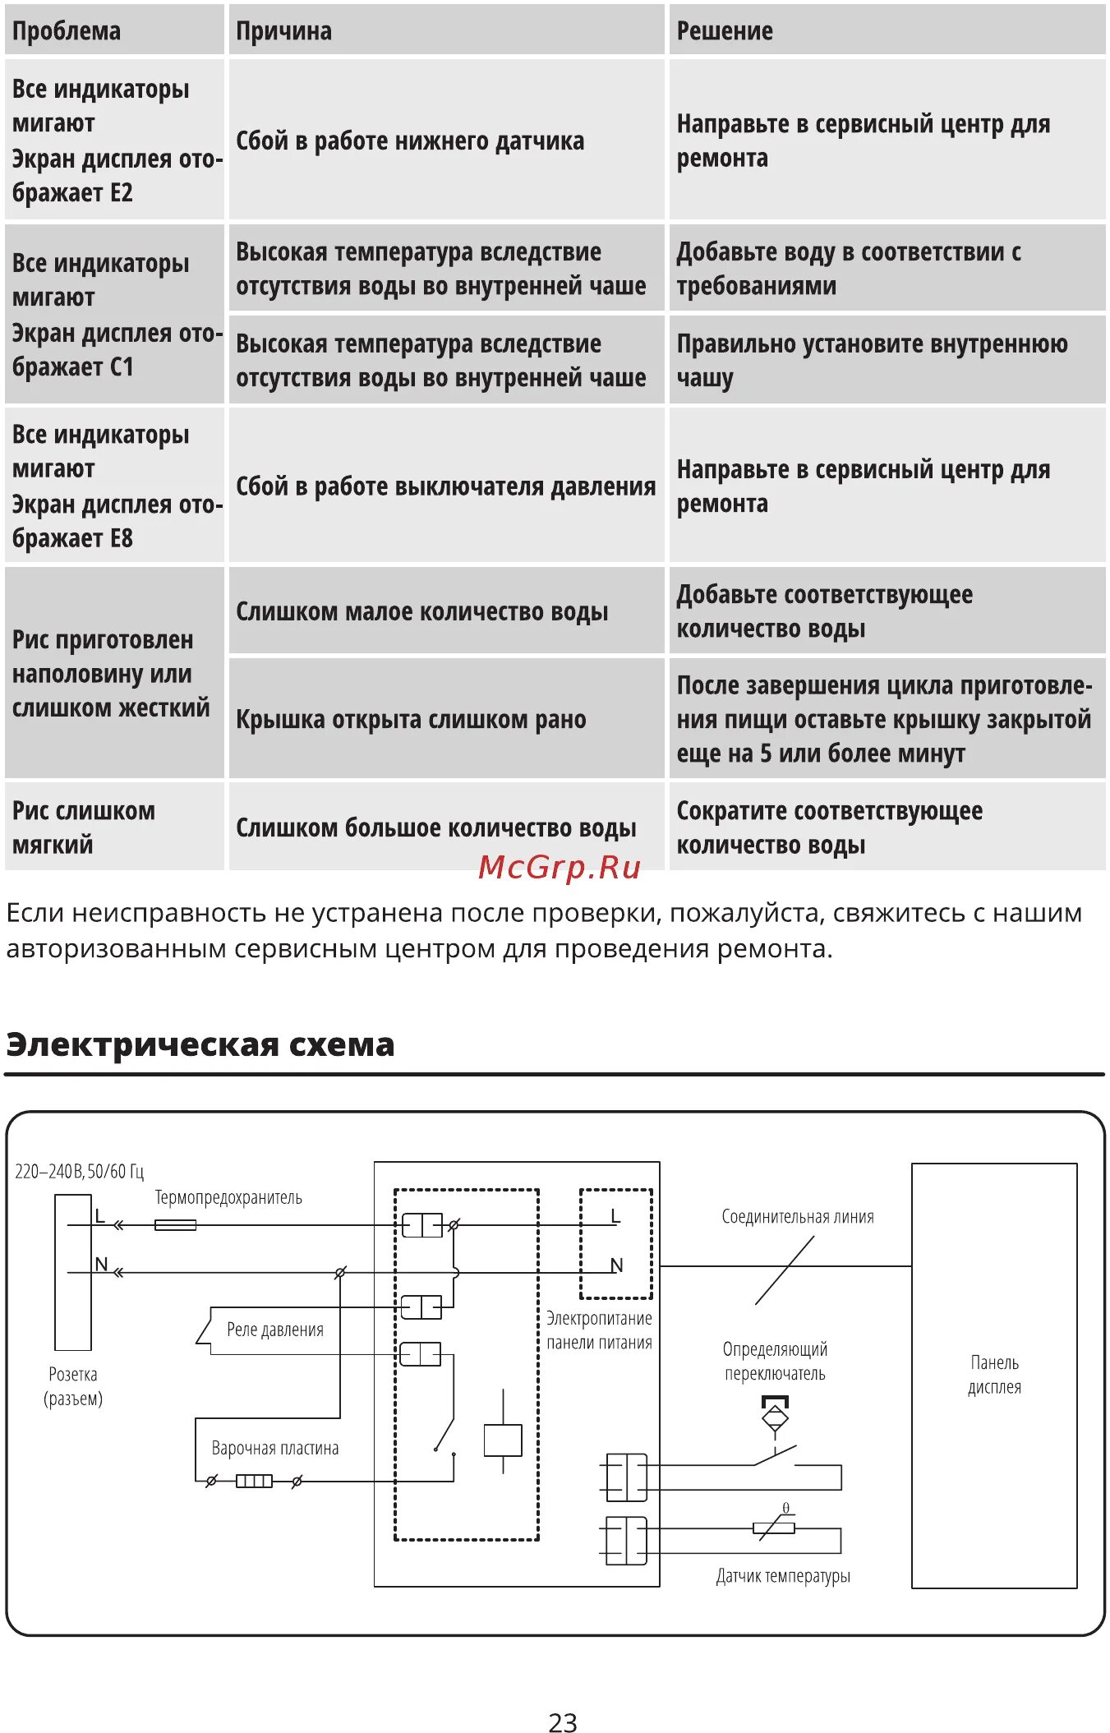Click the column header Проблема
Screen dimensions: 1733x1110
pyautogui.click(x=67, y=31)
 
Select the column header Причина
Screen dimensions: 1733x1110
pyautogui.click(x=283, y=31)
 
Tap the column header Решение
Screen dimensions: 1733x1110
pyautogui.click(x=724, y=31)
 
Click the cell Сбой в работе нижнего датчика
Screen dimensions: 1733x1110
pyautogui.click(x=410, y=141)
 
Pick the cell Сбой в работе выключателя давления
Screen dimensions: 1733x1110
pyautogui.click(x=445, y=486)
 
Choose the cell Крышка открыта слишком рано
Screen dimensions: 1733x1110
pyautogui.click(x=411, y=720)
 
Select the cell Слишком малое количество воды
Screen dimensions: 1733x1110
pyautogui.click(x=421, y=612)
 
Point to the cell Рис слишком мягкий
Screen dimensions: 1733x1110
pyautogui.click(x=83, y=827)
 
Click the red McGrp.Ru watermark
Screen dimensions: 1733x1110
pyautogui.click(x=559, y=868)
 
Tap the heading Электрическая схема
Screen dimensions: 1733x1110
pyautogui.click(x=200, y=1044)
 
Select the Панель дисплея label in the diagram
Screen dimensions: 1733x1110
pyautogui.click(x=994, y=1375)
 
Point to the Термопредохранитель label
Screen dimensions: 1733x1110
pyautogui.click(x=228, y=1198)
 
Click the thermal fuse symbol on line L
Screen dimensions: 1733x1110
pyautogui.click(x=175, y=1225)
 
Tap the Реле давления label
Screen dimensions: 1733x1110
pyautogui.click(x=274, y=1330)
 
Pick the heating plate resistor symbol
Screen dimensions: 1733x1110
pyautogui.click(x=254, y=1482)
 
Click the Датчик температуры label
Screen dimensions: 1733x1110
pyautogui.click(x=783, y=1575)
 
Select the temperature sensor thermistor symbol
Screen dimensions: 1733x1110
pyautogui.click(x=774, y=1528)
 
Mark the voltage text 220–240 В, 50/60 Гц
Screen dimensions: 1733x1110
pyautogui.click(x=79, y=1171)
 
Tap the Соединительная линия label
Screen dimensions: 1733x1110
pyautogui.click(x=797, y=1217)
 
